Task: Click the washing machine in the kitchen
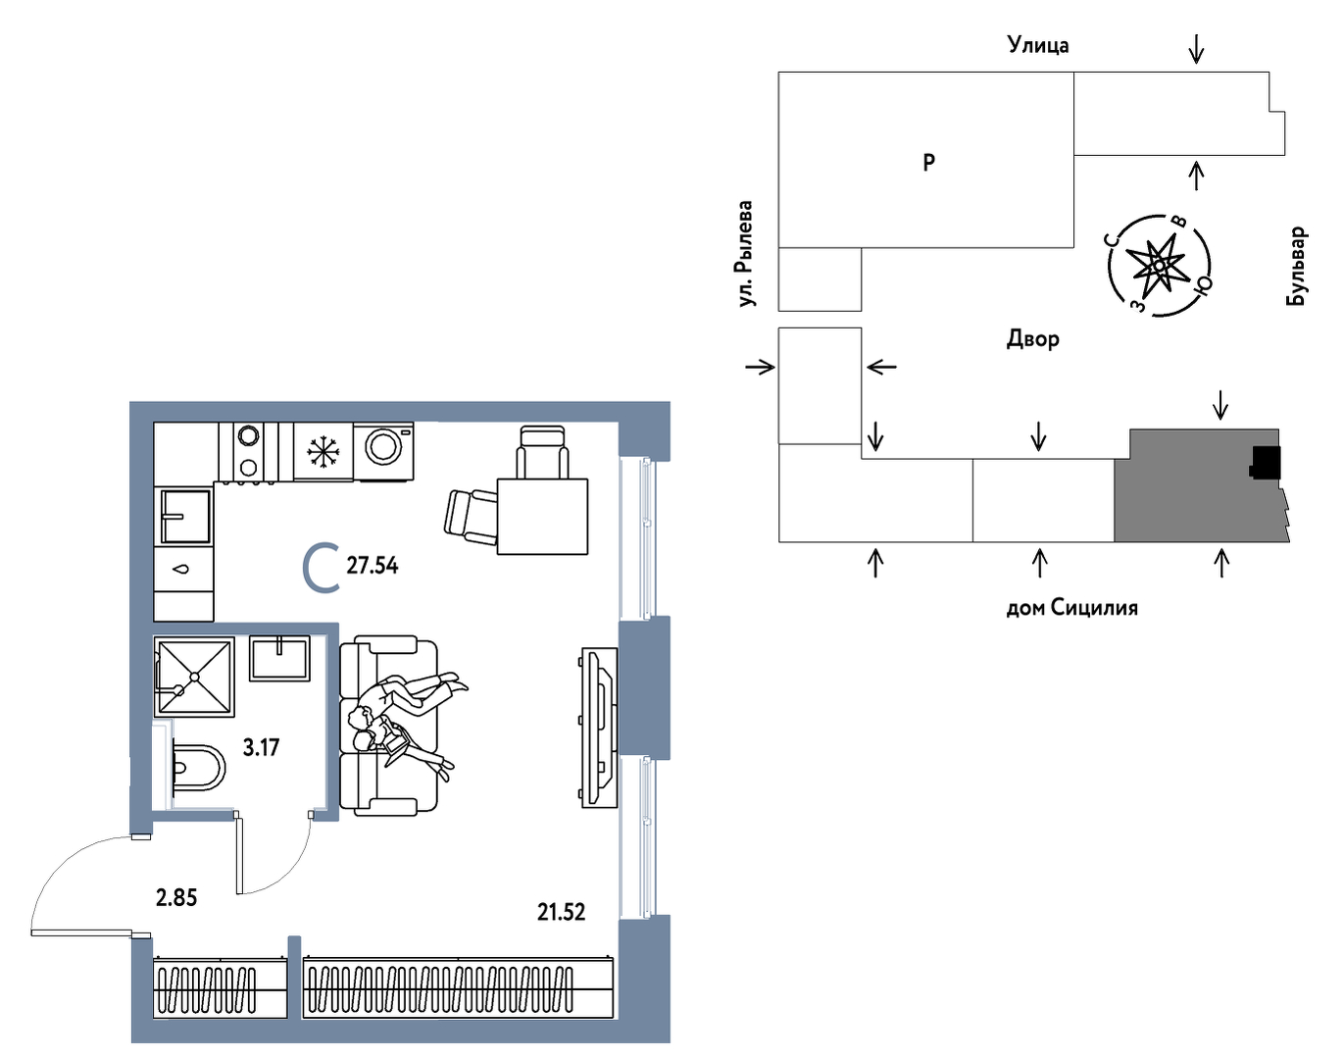[x=383, y=452]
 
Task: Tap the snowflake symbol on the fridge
[x=323, y=452]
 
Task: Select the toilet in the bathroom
[x=197, y=770]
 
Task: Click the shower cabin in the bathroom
[x=194, y=677]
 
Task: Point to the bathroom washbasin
[x=279, y=659]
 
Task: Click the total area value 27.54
[x=372, y=566]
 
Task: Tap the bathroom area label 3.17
[x=261, y=747]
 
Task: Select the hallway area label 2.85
[x=176, y=897]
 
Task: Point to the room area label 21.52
[x=561, y=912]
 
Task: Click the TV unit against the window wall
[x=599, y=728]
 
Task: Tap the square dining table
[x=542, y=516]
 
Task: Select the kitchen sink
[x=186, y=516]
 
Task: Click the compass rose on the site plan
[x=1159, y=266]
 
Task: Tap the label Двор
[x=1033, y=339]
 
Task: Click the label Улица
[x=1038, y=45]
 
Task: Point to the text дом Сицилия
[x=1071, y=607]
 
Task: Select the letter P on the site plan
[x=928, y=163]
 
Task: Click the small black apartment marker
[x=1265, y=463]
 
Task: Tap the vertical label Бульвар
[x=1296, y=266]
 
